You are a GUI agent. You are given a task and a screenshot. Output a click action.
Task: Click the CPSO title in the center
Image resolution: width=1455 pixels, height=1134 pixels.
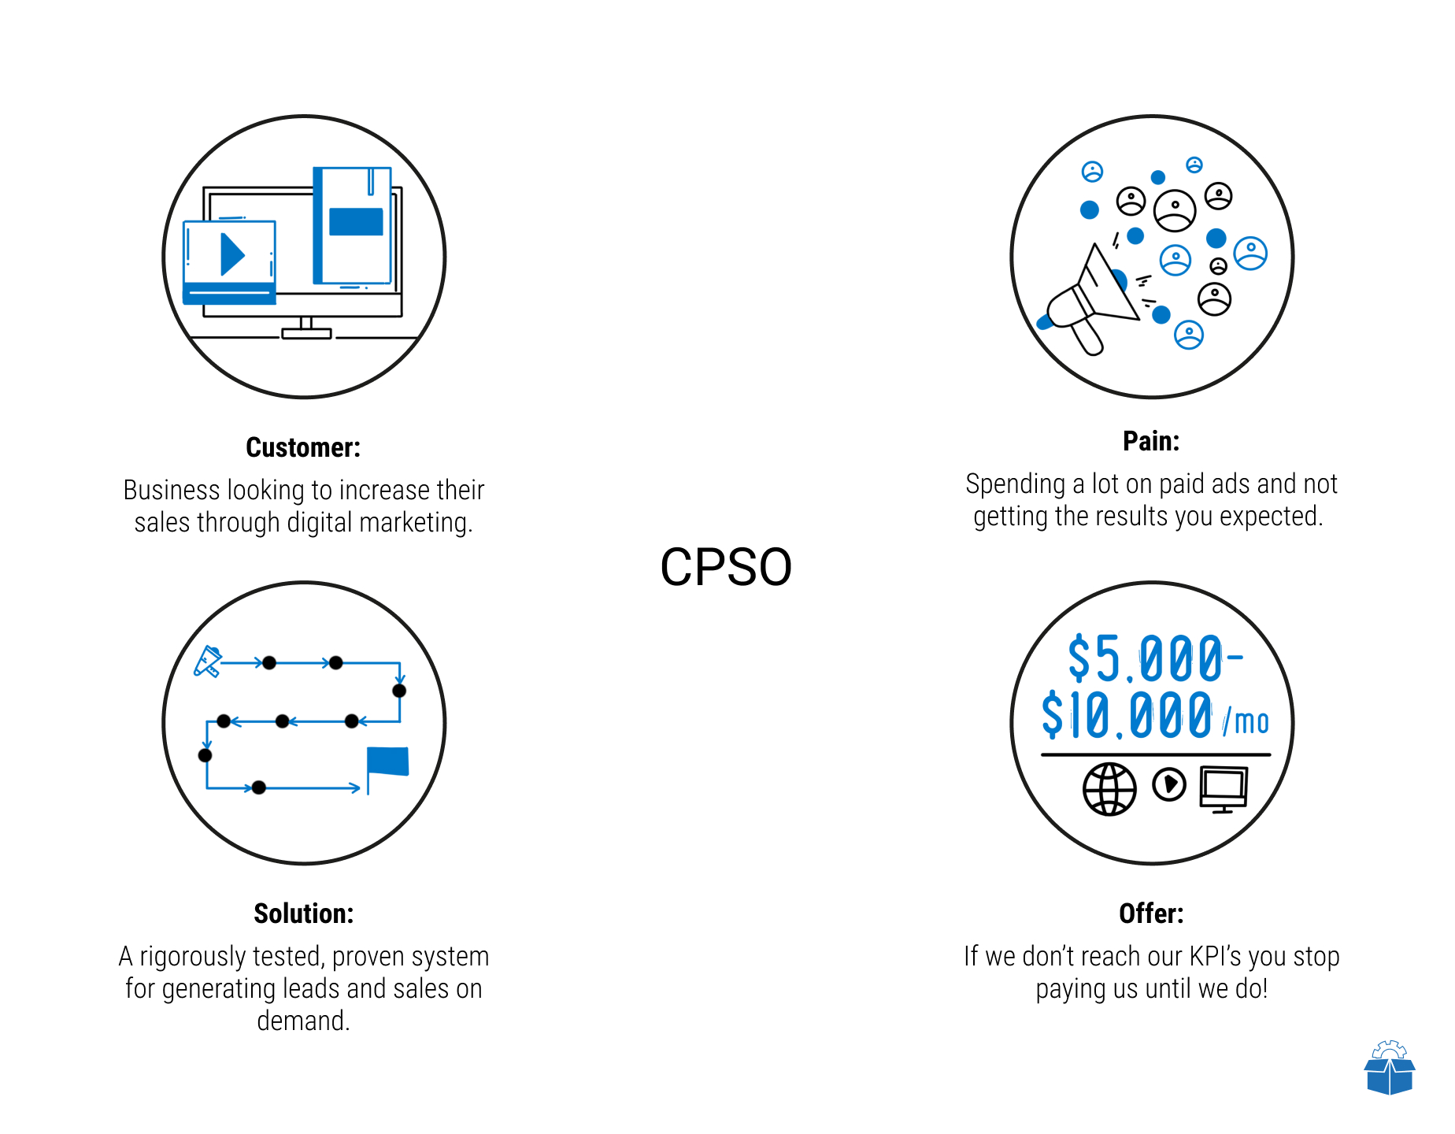pos(726,567)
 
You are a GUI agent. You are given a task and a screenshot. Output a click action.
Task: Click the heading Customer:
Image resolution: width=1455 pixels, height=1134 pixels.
pos(303,447)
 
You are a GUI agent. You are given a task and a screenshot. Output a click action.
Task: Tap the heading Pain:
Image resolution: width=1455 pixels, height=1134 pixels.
pos(1151,441)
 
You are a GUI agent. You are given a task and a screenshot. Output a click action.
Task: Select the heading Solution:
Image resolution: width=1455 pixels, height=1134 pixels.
pos(304,913)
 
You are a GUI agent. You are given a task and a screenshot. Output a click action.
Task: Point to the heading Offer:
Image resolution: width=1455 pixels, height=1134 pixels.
pos(1151,913)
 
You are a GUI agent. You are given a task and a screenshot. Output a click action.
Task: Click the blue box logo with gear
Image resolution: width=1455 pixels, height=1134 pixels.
pos(1390,1068)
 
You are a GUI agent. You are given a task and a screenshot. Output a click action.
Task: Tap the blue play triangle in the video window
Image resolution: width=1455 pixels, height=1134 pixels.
pos(232,254)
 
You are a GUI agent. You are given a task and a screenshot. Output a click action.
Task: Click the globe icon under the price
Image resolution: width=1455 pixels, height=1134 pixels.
pos(1109,789)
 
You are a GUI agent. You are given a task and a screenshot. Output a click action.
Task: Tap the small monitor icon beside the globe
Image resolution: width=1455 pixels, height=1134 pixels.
pos(1224,789)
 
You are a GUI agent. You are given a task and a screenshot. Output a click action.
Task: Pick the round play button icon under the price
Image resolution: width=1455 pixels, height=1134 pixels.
pos(1169,784)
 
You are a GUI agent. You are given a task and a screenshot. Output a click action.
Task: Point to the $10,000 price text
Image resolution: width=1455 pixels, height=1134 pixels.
pos(1127,715)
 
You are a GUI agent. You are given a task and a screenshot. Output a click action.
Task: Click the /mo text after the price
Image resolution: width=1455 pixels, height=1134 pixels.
pos(1246,721)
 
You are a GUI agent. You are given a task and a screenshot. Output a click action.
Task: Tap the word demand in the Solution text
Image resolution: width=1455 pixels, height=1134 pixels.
pos(301,1021)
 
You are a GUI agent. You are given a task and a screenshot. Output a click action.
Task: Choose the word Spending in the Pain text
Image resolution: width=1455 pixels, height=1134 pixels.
pos(1016,484)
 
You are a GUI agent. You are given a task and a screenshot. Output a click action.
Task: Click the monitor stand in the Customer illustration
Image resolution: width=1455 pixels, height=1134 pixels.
pos(306,328)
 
